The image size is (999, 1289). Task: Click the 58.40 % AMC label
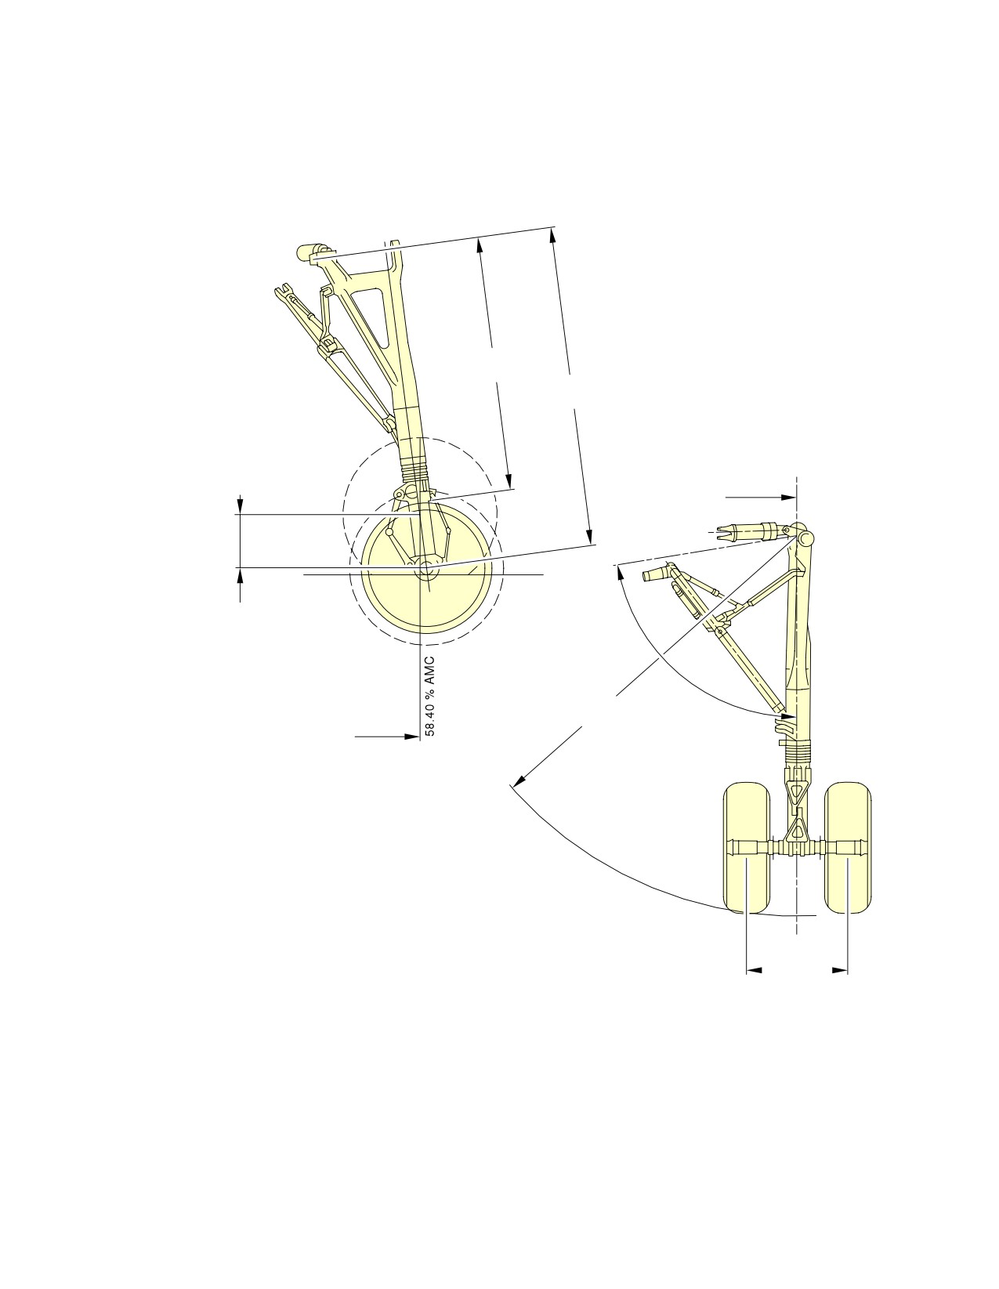(x=430, y=696)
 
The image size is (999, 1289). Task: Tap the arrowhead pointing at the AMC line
(x=412, y=737)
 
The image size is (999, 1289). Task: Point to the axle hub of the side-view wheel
(x=425, y=568)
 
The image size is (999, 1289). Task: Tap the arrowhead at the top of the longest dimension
(x=552, y=235)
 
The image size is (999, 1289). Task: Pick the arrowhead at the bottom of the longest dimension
(x=590, y=536)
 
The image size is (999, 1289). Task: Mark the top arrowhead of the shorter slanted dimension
(x=479, y=246)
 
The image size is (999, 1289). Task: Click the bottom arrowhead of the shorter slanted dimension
(x=508, y=482)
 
